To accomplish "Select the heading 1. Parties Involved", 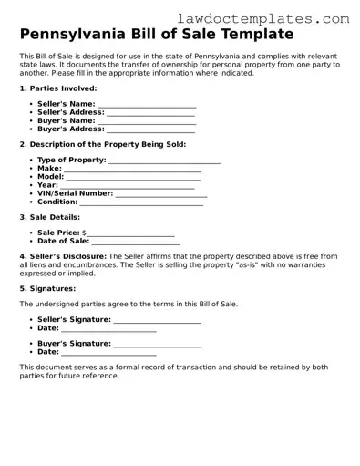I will point(57,88).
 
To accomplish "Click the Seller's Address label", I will point(71,113).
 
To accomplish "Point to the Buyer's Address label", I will point(71,129).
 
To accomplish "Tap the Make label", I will point(49,169).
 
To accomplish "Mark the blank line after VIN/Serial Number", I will point(161,193).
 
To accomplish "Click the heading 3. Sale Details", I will point(49,217).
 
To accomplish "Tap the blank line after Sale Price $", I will point(130,233).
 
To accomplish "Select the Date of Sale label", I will point(63,242).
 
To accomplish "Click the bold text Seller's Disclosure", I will point(62,257).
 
